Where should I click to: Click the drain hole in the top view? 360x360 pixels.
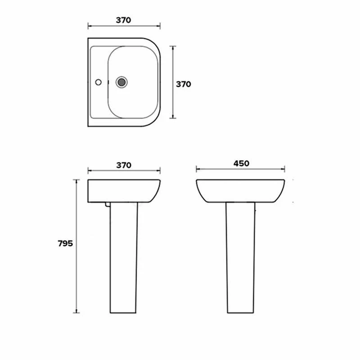coord(121,82)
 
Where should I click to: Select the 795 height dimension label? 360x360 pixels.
coord(65,243)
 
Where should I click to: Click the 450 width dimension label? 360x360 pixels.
coord(241,163)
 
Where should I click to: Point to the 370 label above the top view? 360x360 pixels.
coord(123,20)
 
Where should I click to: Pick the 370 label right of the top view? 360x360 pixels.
coord(183,84)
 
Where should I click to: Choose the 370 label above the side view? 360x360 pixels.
coord(123,165)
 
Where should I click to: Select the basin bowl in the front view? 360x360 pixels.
coord(241,190)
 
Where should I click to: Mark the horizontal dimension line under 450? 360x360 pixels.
coord(241,170)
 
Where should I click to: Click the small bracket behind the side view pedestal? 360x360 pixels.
coord(107,205)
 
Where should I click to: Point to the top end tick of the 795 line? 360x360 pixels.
coord(76,179)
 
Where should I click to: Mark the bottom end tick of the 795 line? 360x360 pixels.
coord(76,312)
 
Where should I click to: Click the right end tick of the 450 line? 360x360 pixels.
coord(285,170)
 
